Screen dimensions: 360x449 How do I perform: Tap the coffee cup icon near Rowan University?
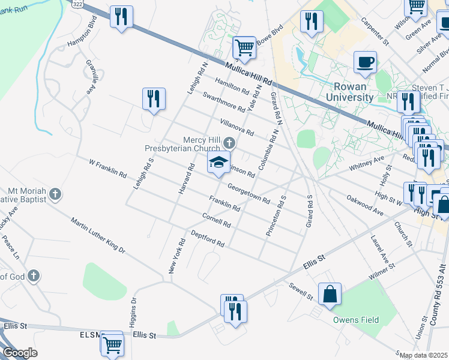coord(365,62)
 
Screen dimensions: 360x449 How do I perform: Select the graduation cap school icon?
coord(218,162)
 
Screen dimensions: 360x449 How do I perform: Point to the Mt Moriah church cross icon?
coord(55,194)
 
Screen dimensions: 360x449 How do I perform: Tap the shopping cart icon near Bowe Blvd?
coord(244,47)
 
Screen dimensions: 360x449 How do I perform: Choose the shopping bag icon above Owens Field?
coord(330,295)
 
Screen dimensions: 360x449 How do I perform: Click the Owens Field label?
coord(357,320)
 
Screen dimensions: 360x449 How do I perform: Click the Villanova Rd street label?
coord(237,127)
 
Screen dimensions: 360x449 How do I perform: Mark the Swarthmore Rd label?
coord(223,102)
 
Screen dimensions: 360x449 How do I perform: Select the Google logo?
coord(20,353)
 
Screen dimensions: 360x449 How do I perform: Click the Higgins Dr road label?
coord(134,310)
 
